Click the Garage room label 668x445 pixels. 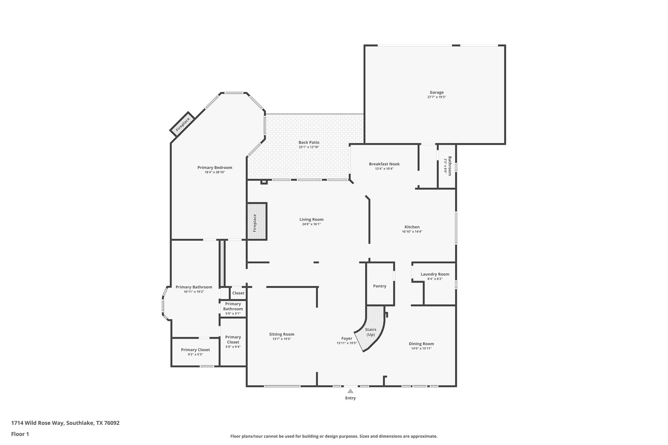(x=436, y=93)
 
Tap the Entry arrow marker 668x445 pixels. (x=350, y=391)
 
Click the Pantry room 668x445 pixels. (x=380, y=286)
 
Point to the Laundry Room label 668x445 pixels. (x=435, y=274)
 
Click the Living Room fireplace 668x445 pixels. (x=257, y=222)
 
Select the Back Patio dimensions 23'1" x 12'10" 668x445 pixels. (x=309, y=147)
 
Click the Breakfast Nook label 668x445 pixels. (x=384, y=164)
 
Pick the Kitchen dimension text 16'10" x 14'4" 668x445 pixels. (x=412, y=232)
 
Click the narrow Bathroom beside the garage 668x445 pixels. (x=447, y=166)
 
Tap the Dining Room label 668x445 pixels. (x=421, y=344)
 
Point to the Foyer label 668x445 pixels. (x=347, y=338)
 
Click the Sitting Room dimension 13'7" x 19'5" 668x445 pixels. (x=282, y=339)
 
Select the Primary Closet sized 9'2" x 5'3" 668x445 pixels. (x=195, y=352)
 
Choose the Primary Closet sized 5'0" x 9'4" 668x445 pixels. (x=233, y=342)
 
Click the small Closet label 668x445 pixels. (x=238, y=293)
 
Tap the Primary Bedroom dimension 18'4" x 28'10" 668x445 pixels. (x=215, y=172)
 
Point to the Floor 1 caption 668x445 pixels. (x=20, y=434)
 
